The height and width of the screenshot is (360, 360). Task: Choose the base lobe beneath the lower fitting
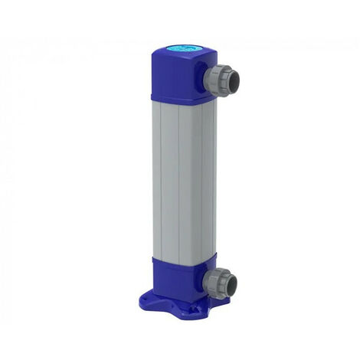pos(218,303)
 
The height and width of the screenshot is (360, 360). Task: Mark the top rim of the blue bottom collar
pos(172,258)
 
